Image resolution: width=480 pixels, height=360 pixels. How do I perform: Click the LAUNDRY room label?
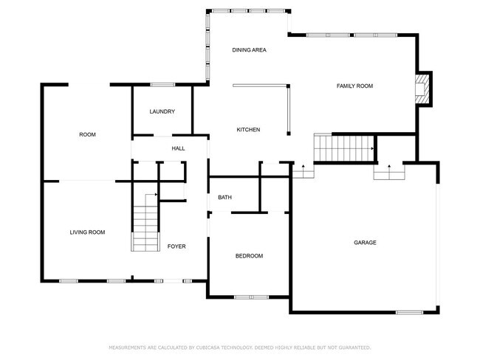[162, 111]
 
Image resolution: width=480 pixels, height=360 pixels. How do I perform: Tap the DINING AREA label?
[249, 50]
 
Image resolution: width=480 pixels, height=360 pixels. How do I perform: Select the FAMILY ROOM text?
[354, 86]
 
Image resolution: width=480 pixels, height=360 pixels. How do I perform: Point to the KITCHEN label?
[248, 130]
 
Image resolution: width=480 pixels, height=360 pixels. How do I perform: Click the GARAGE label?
[365, 243]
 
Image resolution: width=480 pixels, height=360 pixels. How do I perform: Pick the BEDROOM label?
[249, 256]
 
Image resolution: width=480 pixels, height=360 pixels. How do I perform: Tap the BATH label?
[224, 198]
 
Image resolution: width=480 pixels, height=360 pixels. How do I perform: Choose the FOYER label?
[176, 246]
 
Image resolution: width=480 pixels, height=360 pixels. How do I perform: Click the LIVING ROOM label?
[87, 232]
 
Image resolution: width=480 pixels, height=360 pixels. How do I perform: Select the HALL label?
[178, 149]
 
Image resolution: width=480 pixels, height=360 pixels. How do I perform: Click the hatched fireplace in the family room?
[421, 89]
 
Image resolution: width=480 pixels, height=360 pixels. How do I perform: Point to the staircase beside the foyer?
[145, 222]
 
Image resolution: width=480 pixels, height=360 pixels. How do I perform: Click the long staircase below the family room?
[344, 148]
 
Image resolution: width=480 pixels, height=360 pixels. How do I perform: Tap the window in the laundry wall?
[162, 84]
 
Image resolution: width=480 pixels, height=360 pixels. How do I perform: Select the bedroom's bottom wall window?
[251, 297]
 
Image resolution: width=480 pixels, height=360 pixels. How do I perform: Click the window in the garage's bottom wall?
[409, 312]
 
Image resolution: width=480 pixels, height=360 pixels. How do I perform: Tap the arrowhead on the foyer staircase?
[156, 195]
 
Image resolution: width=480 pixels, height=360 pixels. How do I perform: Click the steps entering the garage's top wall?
[389, 172]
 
